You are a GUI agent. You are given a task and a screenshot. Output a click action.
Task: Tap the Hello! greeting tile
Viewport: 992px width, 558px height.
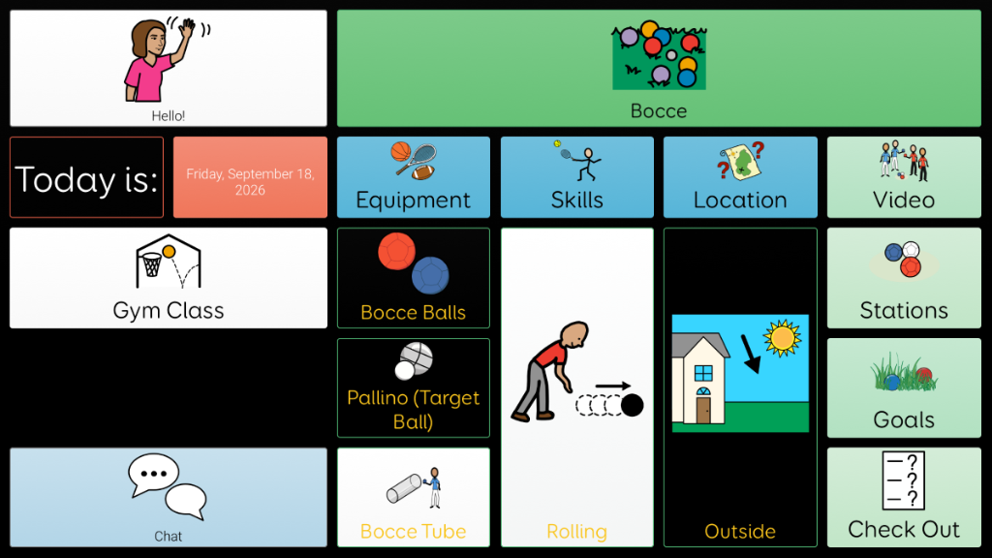(x=169, y=69)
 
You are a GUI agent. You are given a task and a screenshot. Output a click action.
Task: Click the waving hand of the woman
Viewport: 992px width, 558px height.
(x=187, y=28)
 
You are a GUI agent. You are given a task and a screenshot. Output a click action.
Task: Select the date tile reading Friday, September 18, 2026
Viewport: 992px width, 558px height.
(x=250, y=177)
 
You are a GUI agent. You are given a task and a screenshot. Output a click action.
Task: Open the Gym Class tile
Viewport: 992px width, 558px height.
(x=169, y=278)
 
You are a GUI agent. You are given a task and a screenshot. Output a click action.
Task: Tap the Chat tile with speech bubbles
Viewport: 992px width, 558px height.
(x=169, y=497)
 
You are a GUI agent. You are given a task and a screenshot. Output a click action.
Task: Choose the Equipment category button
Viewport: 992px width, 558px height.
(x=413, y=177)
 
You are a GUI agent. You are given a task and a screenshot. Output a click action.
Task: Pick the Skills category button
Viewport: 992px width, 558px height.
(x=577, y=177)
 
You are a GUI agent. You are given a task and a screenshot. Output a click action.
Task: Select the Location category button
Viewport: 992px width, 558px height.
(x=740, y=177)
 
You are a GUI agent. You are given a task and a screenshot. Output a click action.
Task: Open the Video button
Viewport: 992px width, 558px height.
(x=904, y=177)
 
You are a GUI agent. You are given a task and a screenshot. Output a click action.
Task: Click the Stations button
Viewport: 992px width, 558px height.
(x=904, y=278)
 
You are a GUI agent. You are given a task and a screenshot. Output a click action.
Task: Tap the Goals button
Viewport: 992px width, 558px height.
(x=904, y=387)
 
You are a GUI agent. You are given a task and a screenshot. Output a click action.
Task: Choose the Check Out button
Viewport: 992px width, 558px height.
(x=904, y=497)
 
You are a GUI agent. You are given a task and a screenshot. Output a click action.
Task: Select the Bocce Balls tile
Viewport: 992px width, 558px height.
(x=413, y=278)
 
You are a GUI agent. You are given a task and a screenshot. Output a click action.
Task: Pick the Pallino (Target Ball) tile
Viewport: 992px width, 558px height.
(x=413, y=387)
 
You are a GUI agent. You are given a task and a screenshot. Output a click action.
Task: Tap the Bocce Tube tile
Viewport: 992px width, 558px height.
(x=413, y=497)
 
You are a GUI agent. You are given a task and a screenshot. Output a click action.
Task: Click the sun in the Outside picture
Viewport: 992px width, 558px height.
(x=783, y=338)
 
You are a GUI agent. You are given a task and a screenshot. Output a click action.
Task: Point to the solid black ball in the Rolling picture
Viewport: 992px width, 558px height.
(x=632, y=405)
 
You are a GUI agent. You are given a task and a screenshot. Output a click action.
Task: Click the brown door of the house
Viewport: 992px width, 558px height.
(x=703, y=410)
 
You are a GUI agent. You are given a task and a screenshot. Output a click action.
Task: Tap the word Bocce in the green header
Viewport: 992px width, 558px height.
(x=659, y=110)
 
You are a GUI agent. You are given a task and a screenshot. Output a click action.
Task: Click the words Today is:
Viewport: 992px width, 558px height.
(x=86, y=179)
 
